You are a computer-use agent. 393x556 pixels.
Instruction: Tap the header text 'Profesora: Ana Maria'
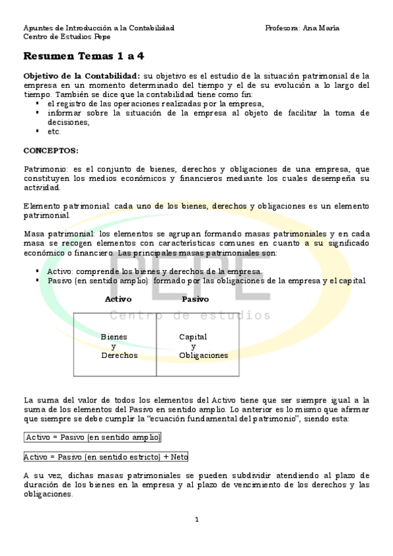(302, 28)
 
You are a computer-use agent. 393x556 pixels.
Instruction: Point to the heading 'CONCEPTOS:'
(51, 150)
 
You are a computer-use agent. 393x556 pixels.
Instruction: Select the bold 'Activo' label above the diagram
(118, 299)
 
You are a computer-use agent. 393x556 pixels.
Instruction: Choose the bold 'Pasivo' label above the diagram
(196, 299)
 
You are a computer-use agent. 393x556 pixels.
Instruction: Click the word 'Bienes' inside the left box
(114, 337)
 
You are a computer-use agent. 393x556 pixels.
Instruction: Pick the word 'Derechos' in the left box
(119, 355)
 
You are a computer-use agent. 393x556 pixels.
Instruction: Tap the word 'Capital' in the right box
(193, 337)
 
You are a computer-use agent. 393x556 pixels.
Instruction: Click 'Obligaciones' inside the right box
(203, 355)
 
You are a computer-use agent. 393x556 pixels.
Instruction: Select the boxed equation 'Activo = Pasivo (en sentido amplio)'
(93, 437)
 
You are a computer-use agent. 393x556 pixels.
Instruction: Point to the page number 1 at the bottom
(197, 520)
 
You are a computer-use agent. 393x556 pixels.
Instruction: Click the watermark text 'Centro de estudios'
(190, 316)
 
